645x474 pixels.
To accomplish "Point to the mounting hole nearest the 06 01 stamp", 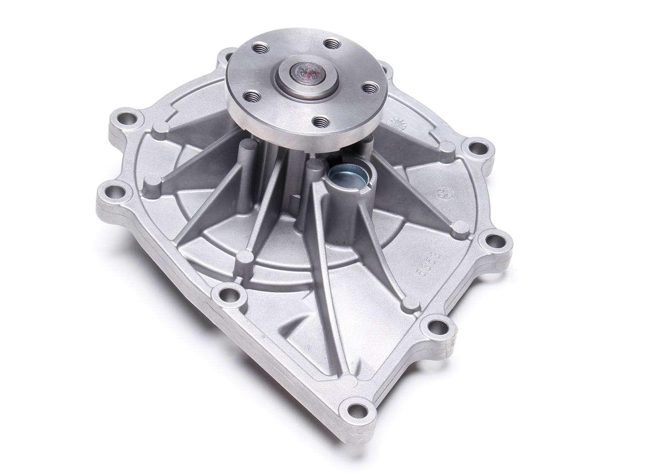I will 474,148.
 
